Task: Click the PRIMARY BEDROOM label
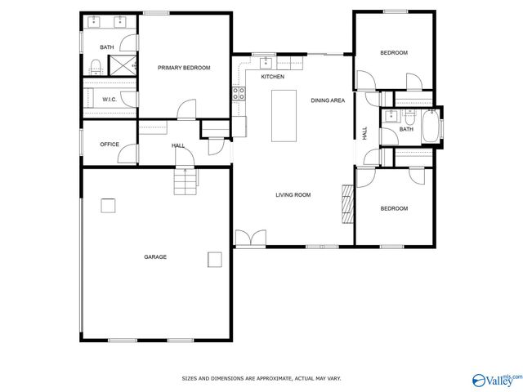click(x=184, y=68)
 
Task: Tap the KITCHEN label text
click(x=272, y=77)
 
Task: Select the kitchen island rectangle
click(x=284, y=116)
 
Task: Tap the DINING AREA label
click(x=327, y=100)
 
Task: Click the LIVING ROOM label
click(x=293, y=194)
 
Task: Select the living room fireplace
click(x=347, y=204)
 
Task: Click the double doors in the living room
click(x=249, y=238)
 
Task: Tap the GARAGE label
click(x=155, y=256)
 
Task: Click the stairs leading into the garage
click(x=186, y=180)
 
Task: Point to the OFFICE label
click(x=110, y=145)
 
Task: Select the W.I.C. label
click(x=109, y=100)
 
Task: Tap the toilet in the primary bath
click(x=96, y=66)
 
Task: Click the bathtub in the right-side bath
click(x=429, y=130)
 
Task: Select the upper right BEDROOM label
click(x=394, y=53)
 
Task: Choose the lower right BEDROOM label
click(x=394, y=208)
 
